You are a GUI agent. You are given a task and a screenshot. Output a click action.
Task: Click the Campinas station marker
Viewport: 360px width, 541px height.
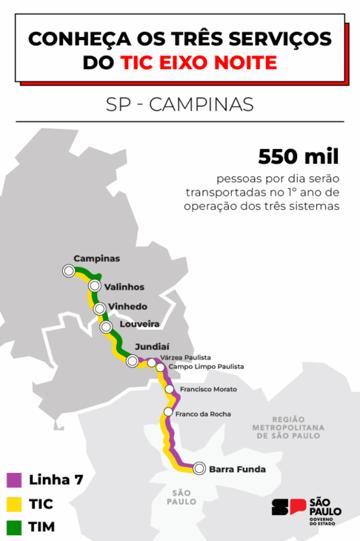pos(69,270)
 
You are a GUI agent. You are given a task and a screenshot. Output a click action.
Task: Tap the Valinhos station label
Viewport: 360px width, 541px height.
pos(124,287)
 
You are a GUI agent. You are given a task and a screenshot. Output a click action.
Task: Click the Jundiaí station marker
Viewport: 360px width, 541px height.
pos(133,361)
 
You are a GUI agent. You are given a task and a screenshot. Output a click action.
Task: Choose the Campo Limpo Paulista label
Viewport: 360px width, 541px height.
pos(206,367)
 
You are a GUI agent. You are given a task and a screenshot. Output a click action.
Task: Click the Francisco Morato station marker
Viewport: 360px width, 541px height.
pos(169,388)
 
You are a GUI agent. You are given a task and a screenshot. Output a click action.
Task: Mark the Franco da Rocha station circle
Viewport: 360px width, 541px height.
pos(168,412)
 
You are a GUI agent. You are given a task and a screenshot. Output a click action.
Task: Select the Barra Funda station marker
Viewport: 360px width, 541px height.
pos(199,468)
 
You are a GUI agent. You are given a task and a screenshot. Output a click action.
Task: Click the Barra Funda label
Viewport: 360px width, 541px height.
pos(237,468)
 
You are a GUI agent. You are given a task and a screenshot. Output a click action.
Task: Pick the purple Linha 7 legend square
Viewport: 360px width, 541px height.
pos(13,479)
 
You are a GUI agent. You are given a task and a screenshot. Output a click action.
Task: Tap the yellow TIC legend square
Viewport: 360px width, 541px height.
pos(13,504)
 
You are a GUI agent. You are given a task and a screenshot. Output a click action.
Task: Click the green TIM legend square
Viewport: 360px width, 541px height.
pos(13,528)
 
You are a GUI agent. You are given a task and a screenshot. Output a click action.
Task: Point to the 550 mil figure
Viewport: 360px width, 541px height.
pos(298,156)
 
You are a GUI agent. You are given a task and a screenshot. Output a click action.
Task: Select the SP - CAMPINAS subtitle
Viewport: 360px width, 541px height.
pos(180,104)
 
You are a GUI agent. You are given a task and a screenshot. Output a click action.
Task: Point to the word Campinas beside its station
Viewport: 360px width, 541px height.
pos(96,258)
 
